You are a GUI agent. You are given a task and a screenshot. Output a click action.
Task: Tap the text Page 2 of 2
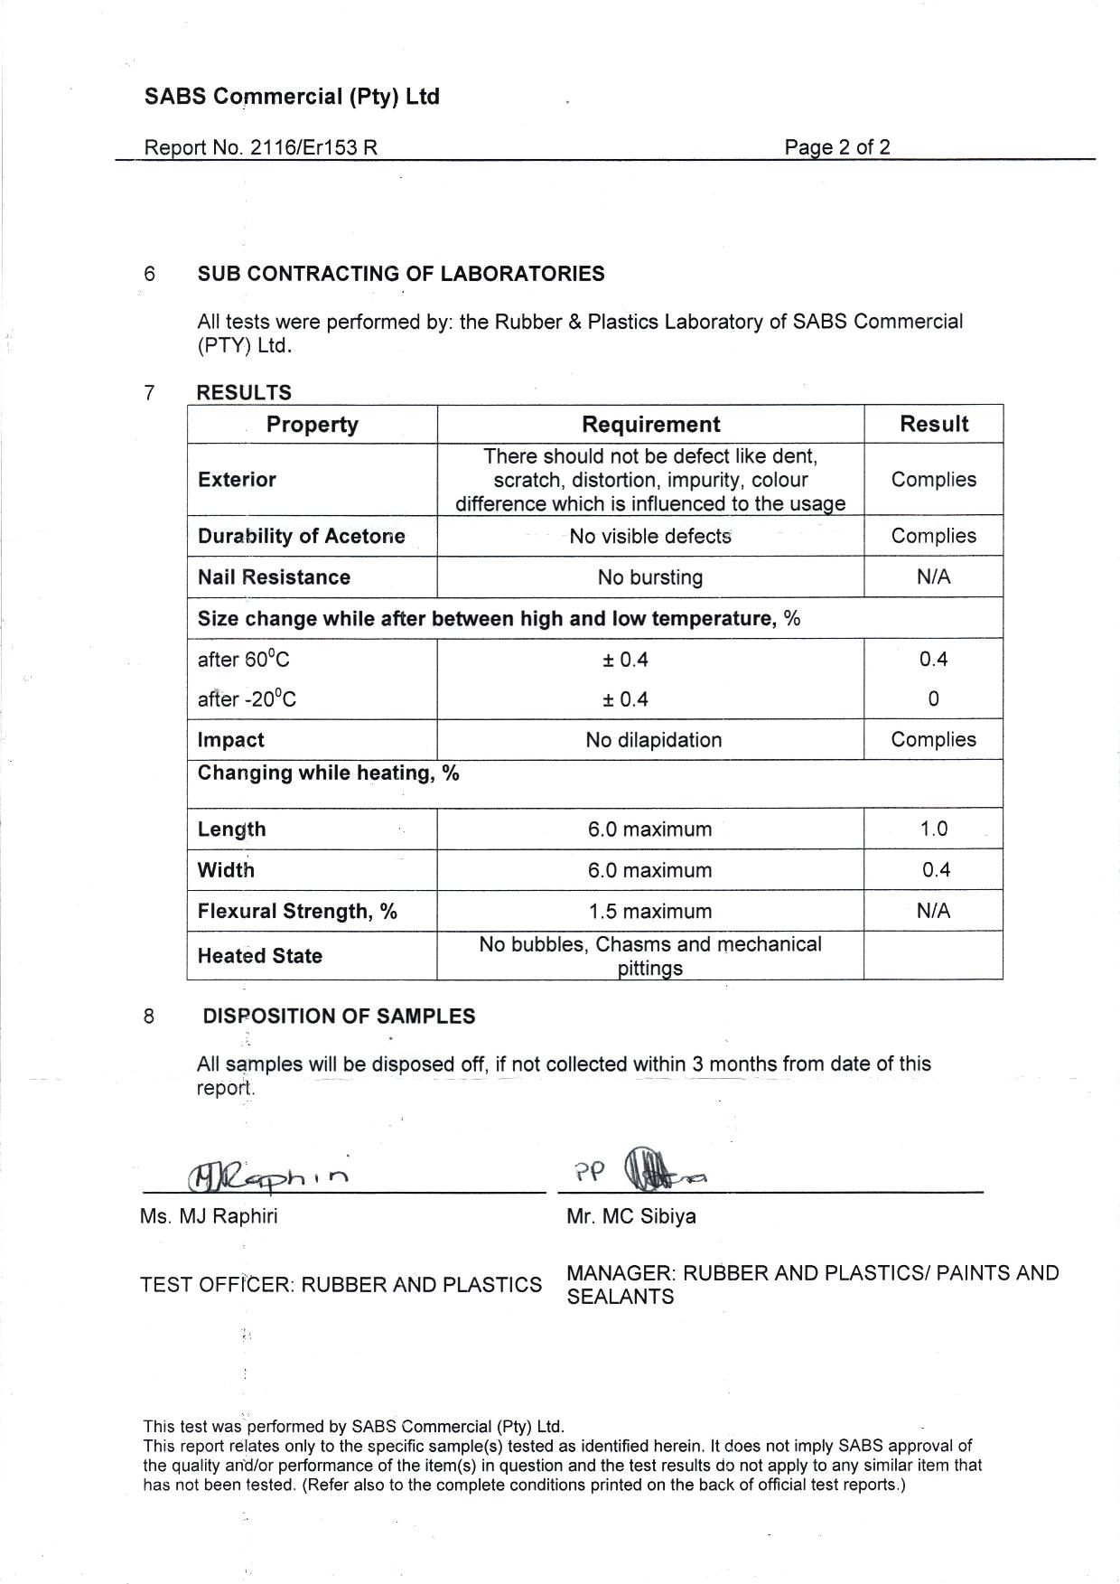(836, 147)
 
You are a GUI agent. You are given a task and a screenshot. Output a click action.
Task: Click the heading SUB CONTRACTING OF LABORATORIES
(401, 274)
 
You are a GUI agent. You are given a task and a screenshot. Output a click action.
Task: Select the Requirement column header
(650, 425)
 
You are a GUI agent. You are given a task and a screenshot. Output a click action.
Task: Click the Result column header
(934, 424)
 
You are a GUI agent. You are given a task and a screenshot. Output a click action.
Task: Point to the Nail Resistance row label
(274, 577)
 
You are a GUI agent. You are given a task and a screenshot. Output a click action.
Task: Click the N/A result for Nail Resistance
(933, 577)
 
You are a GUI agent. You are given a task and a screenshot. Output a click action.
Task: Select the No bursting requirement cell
(650, 577)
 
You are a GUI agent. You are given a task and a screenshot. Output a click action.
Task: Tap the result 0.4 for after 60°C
(933, 659)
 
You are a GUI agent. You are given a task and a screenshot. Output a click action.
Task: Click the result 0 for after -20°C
(933, 699)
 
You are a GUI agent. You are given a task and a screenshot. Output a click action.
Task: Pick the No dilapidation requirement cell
(653, 740)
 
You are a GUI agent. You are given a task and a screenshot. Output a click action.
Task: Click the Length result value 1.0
(933, 829)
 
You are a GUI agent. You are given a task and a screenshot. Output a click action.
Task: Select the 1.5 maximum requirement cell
(650, 911)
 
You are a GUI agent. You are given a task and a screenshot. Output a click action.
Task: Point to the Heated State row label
(260, 956)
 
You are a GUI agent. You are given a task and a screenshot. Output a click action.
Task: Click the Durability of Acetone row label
(301, 536)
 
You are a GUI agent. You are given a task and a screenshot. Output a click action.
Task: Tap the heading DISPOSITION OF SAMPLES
(339, 1017)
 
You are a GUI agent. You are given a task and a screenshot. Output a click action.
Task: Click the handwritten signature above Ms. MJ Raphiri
(266, 1176)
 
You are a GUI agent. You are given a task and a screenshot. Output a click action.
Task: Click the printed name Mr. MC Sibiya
(631, 1216)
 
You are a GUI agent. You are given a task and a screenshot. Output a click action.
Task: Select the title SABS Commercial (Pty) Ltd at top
(292, 97)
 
